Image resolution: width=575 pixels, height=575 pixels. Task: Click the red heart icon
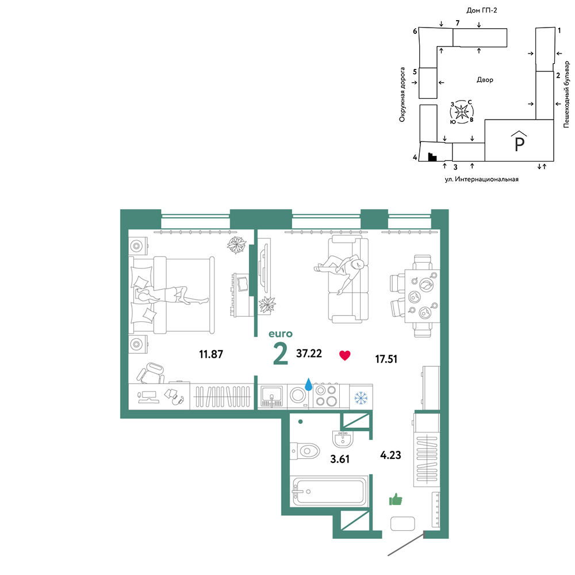tap(344, 355)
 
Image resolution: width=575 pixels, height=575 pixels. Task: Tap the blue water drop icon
tap(309, 384)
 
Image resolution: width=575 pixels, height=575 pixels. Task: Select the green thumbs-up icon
tap(396, 499)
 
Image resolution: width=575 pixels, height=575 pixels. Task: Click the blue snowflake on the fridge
tap(361, 397)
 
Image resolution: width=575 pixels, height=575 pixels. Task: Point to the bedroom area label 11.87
tap(211, 354)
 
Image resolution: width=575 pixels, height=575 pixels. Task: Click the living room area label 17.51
tap(386, 359)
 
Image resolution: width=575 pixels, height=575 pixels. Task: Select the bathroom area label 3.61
tap(340, 459)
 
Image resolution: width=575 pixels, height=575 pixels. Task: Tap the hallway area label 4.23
tap(390, 455)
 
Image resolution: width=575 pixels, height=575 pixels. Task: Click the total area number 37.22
tap(309, 354)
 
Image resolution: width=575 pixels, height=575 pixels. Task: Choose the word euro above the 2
tap(281, 333)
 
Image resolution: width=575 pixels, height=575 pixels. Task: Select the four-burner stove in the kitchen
tap(327, 396)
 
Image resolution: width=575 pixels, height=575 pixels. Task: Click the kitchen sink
tap(271, 396)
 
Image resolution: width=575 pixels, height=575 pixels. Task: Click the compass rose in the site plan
tap(462, 111)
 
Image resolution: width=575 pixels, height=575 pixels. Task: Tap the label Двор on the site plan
tap(485, 79)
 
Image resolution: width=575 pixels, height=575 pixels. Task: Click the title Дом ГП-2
tap(481, 10)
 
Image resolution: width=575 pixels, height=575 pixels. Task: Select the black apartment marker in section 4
tap(432, 157)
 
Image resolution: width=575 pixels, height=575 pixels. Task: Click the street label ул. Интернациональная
tap(481, 179)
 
